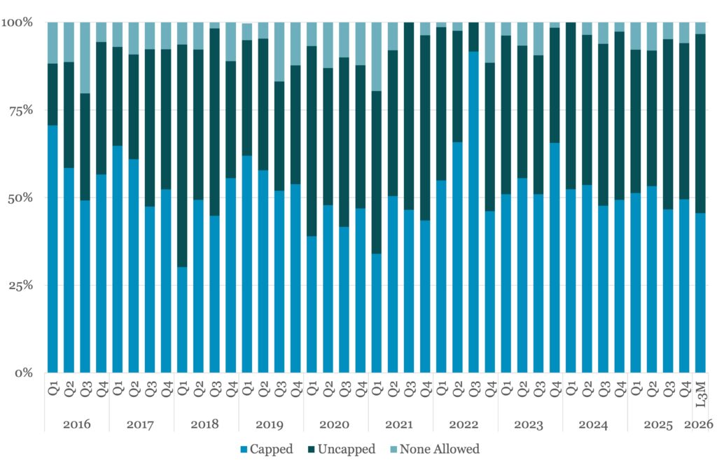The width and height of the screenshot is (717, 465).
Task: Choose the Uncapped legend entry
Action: (342, 449)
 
